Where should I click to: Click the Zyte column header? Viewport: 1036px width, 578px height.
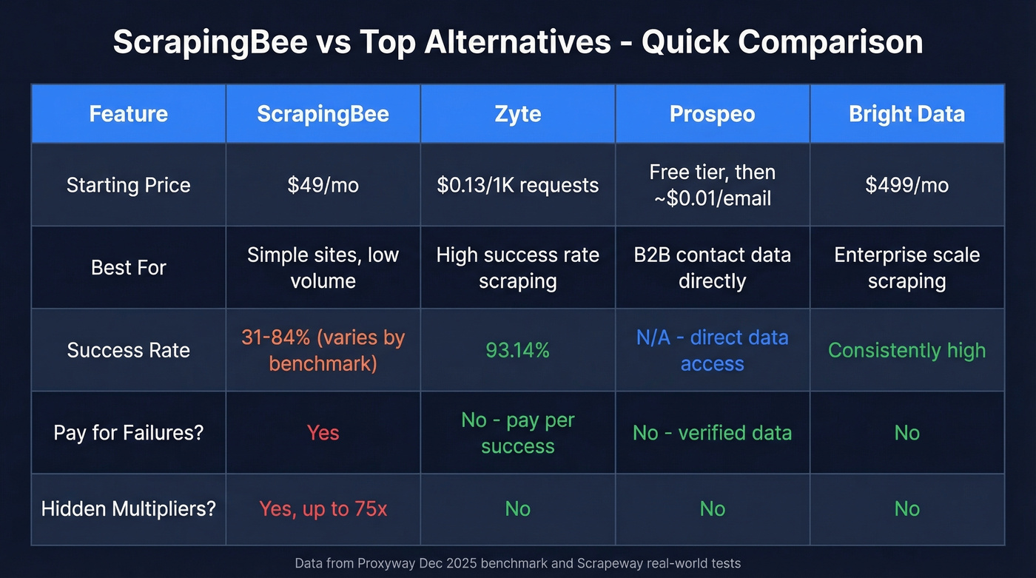pyautogui.click(x=517, y=114)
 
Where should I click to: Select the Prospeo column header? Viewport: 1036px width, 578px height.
pyautogui.click(x=712, y=114)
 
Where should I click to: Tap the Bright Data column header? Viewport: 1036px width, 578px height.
pyautogui.click(x=906, y=114)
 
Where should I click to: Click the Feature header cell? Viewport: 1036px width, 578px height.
pyautogui.click(x=128, y=114)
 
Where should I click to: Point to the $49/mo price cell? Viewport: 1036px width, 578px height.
pyautogui.click(x=323, y=185)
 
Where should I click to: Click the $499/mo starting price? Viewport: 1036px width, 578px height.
pyautogui.click(x=906, y=185)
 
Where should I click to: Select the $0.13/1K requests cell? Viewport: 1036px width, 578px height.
pyautogui.click(x=517, y=185)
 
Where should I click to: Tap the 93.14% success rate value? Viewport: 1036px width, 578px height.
pyautogui.click(x=517, y=350)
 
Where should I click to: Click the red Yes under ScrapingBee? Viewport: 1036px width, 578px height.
pyautogui.click(x=323, y=432)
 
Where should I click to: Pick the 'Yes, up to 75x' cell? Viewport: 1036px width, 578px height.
pyautogui.click(x=323, y=509)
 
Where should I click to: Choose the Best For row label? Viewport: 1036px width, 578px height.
pyautogui.click(x=128, y=267)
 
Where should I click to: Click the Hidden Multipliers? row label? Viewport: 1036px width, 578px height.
pyautogui.click(x=128, y=509)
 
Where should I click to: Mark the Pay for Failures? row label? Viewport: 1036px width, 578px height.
pyautogui.click(x=128, y=432)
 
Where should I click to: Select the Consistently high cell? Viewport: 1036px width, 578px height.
pyautogui.click(x=906, y=350)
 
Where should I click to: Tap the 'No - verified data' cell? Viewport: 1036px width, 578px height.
pyautogui.click(x=712, y=432)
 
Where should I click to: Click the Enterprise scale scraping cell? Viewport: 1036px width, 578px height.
pyautogui.click(x=906, y=267)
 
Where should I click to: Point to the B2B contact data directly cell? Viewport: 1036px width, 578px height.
pyautogui.click(x=712, y=267)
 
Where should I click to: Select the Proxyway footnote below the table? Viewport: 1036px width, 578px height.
pyautogui.click(x=517, y=563)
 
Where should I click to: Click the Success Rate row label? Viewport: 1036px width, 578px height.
pyautogui.click(x=128, y=350)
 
